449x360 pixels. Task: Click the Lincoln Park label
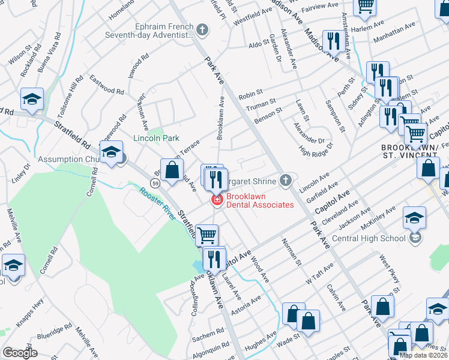[x=156, y=138]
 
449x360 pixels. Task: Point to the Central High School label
[x=369, y=238]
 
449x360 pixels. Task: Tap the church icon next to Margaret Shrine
[x=286, y=181]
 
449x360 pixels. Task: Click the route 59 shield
[x=155, y=182]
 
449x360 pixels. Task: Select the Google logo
[x=20, y=353]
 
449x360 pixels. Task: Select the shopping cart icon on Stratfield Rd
[x=206, y=235]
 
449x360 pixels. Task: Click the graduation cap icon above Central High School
[x=414, y=219]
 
